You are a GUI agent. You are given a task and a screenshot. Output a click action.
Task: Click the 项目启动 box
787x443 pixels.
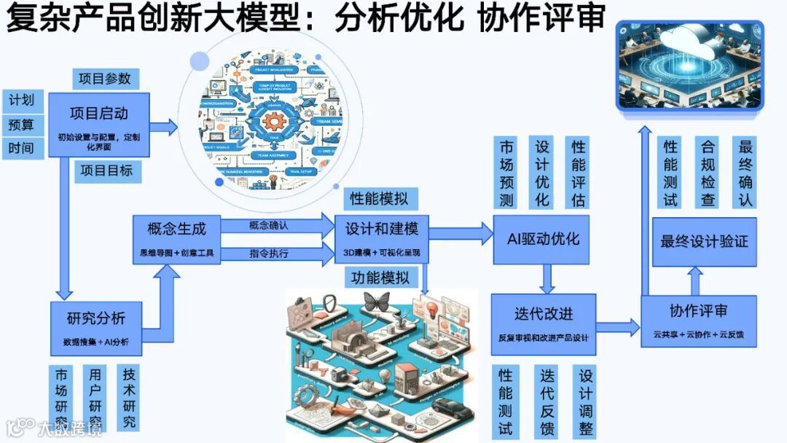(99, 125)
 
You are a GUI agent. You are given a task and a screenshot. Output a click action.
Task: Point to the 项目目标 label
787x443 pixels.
(106, 171)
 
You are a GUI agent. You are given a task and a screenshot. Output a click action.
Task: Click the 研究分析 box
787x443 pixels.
(95, 327)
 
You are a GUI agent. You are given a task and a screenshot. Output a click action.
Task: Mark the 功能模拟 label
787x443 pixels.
(380, 277)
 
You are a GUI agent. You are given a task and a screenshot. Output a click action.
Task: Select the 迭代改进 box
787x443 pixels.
(543, 324)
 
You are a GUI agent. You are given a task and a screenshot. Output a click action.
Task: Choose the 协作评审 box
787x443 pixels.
(697, 320)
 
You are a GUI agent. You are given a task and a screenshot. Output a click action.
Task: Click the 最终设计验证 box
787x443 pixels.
(704, 241)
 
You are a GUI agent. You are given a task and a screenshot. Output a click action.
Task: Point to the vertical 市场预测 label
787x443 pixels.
(506, 173)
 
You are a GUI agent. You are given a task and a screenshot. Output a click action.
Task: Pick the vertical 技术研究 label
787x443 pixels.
(129, 398)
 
